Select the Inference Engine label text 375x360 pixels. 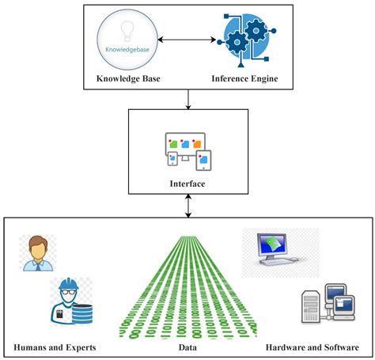pos(244,78)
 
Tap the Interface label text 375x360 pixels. pos(187,184)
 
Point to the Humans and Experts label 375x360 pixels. pos(55,347)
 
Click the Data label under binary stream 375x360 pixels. pos(187,347)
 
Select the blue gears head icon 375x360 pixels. pos(244,40)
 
